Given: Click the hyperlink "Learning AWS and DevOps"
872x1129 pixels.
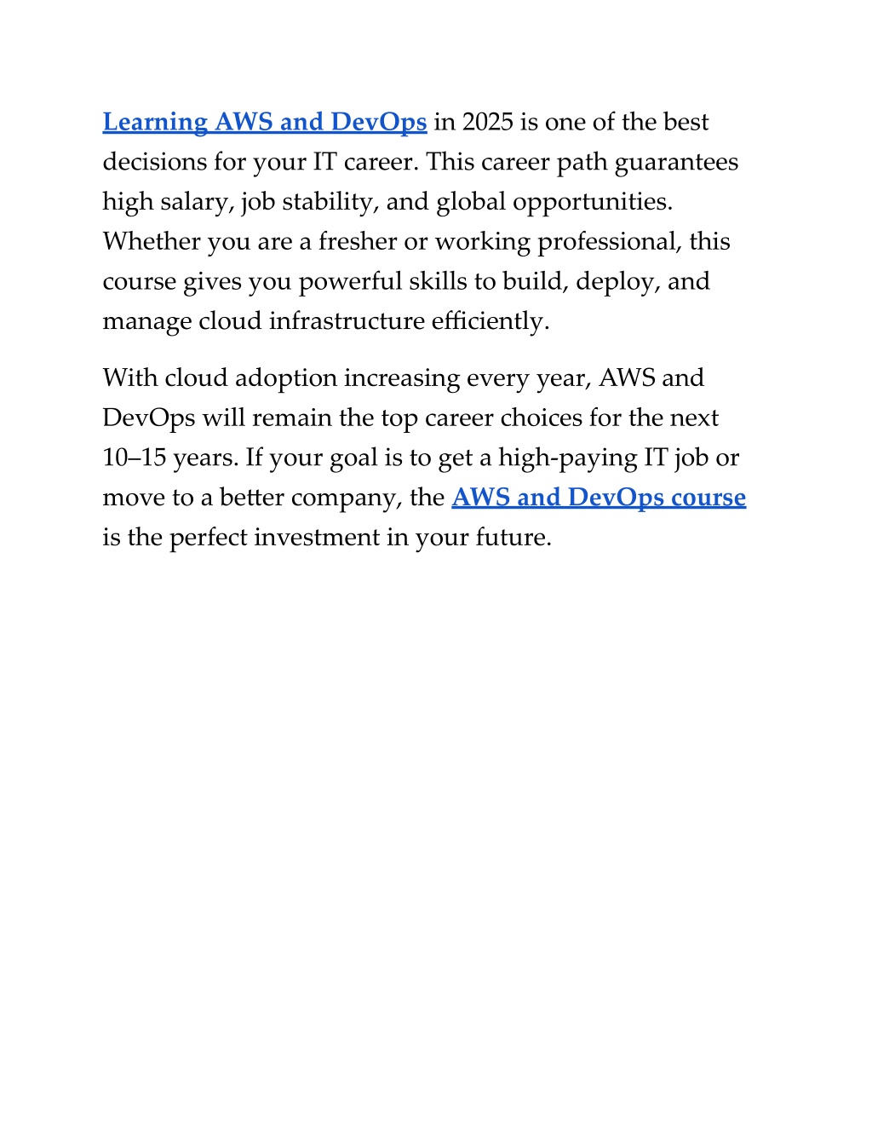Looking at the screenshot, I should [x=264, y=123].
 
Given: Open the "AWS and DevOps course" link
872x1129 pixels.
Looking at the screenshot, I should [x=599, y=498].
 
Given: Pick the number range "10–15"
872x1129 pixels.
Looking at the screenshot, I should [x=134, y=458].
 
